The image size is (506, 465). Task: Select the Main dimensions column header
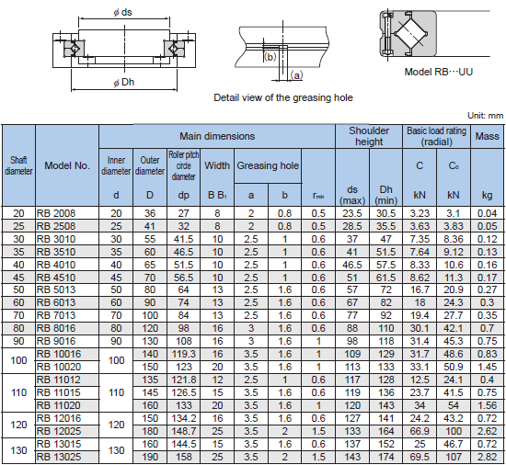point(217,136)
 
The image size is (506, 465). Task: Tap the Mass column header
point(487,136)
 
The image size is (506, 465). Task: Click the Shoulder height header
point(368,136)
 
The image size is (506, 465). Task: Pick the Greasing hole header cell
point(268,166)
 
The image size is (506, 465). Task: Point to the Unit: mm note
point(485,116)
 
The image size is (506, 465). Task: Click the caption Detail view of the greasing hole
point(282,97)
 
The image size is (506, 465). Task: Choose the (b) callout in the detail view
point(270,55)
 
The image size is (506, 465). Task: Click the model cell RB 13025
point(56,456)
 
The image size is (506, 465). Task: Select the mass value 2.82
point(487,456)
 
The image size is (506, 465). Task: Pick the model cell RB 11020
point(56,404)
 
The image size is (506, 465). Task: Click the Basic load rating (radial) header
point(436,136)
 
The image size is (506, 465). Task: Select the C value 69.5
point(420,456)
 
